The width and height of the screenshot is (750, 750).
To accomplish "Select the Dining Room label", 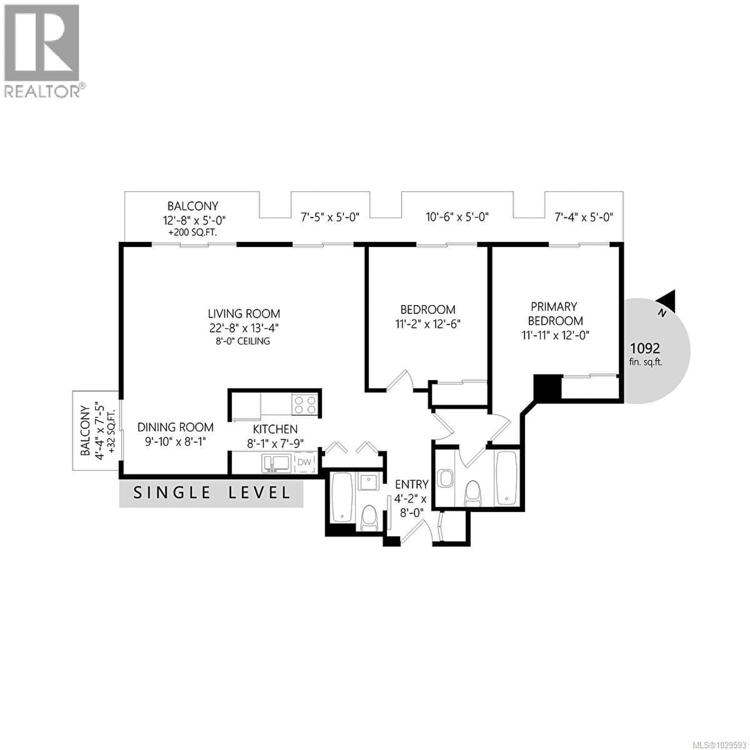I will point(175,427).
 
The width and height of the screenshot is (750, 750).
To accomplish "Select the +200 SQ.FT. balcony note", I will point(193,233).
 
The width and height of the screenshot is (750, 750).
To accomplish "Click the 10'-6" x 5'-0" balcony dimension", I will point(457,217).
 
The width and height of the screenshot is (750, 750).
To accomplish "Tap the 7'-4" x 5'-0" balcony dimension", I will point(583,217).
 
